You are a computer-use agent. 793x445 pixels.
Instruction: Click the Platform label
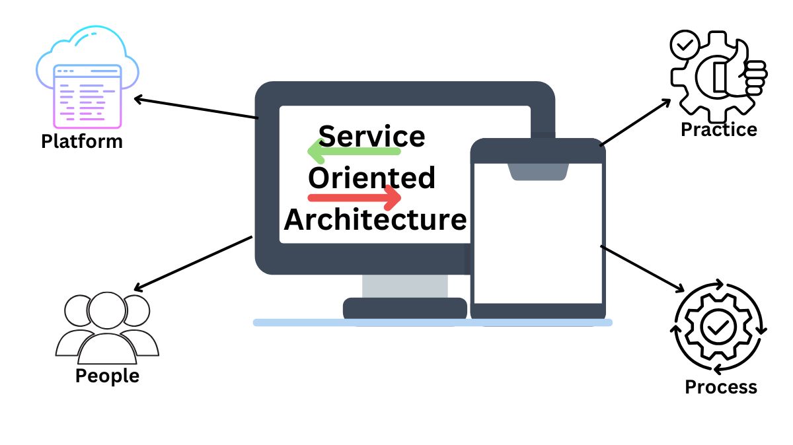(82, 141)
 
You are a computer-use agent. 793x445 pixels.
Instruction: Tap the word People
(107, 376)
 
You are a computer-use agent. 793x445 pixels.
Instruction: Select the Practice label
(719, 129)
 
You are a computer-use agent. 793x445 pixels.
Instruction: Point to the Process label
(721, 386)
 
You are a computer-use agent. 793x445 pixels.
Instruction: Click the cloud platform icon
(87, 78)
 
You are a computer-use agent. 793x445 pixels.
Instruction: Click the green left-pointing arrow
(354, 153)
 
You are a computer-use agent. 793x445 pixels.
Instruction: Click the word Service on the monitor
(372, 136)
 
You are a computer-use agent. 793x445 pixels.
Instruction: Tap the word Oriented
(372, 178)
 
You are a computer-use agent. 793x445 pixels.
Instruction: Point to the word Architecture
(375, 219)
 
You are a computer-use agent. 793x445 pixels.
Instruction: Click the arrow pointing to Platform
(196, 109)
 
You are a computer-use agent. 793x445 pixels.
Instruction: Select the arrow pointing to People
(192, 263)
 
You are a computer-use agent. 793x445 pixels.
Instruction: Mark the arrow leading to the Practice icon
(635, 122)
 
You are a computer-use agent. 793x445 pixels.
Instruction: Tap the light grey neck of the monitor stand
(404, 286)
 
